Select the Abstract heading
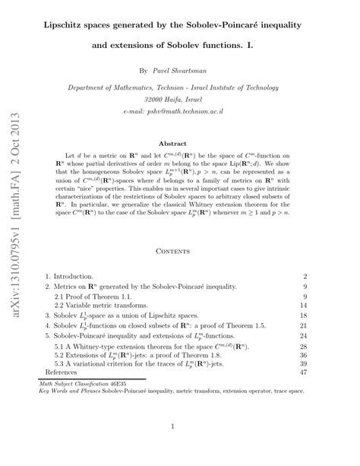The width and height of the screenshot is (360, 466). [180, 142]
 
